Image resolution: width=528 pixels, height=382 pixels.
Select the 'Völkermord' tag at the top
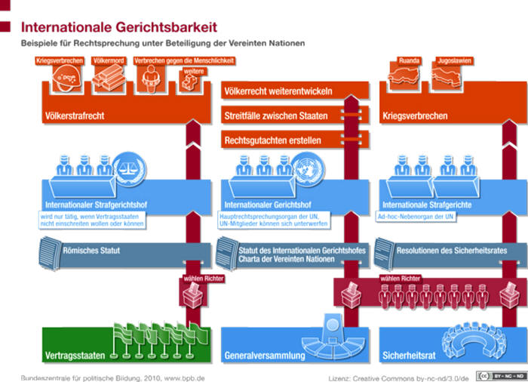107,60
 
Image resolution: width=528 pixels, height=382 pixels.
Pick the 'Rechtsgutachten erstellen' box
272,140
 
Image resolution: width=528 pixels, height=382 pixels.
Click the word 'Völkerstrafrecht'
74,116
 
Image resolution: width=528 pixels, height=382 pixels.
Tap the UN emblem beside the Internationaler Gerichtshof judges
305,166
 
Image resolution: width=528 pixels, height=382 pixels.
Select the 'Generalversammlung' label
264,354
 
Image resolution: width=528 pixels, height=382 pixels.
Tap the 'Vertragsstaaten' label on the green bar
74,354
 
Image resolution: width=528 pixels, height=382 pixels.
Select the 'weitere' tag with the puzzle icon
193,72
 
